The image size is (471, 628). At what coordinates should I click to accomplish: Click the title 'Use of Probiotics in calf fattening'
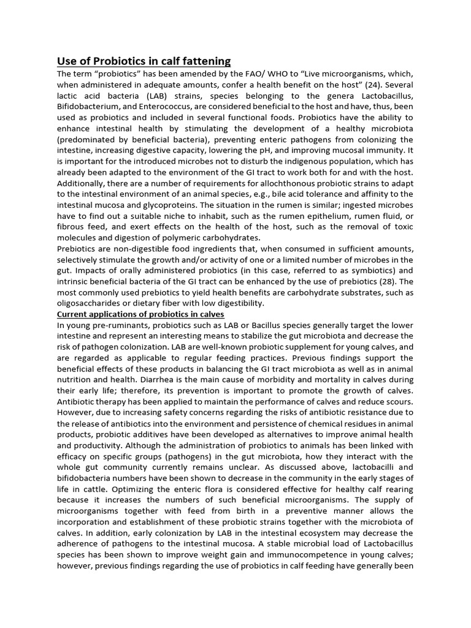point(144,61)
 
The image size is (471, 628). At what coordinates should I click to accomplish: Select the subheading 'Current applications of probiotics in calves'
point(140,314)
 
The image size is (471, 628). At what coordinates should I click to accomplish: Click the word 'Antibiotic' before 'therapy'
point(78,402)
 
